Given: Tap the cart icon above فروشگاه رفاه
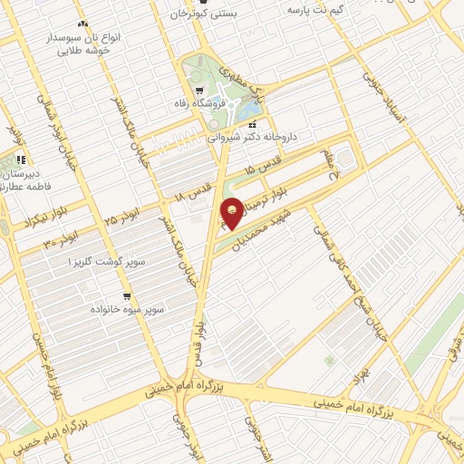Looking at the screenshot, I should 198,91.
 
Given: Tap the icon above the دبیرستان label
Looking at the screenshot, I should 20,160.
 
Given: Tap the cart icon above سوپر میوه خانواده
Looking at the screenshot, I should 127,295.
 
